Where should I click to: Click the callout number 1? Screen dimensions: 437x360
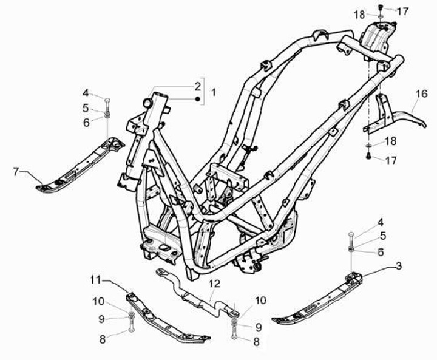(213, 92)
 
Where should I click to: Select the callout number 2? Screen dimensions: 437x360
(197, 86)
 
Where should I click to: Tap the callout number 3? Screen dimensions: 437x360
(398, 266)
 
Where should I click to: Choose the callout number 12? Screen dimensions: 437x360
(214, 284)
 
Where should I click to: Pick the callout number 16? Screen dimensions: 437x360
(422, 93)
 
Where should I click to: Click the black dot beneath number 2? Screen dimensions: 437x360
(197, 98)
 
